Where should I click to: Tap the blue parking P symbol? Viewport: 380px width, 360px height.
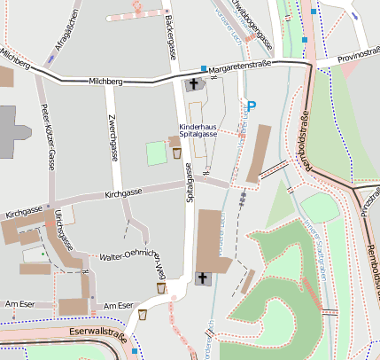[x=251, y=106]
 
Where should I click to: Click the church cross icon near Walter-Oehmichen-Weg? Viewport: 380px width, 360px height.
[x=203, y=279]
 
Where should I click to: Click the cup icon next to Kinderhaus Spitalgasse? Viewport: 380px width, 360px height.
[x=177, y=153]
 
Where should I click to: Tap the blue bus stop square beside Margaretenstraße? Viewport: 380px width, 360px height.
[x=204, y=68]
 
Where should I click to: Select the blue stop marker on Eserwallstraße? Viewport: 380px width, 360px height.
[x=135, y=351]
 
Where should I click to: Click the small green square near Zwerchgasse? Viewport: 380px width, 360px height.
[x=156, y=153]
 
